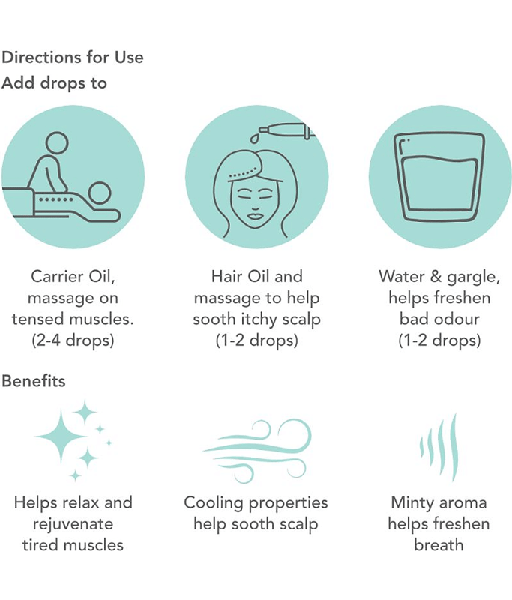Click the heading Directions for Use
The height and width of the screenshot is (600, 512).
pos(73,58)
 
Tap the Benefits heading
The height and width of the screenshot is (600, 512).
pos(34,381)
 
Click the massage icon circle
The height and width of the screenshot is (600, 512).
pos(73,177)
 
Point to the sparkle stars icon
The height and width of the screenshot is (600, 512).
pos(73,441)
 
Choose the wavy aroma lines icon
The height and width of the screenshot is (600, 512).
pos(439,447)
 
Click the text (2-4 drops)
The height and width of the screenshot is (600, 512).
pos(73,340)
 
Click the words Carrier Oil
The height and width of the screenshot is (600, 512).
pos(73,276)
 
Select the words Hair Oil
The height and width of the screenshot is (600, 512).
pos(239,276)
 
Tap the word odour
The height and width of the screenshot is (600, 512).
pos(459,319)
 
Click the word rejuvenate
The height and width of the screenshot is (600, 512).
pos(73,524)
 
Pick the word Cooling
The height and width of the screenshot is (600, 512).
pos(214,503)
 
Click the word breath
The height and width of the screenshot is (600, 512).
pos(439,545)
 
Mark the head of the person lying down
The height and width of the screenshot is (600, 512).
pos(100,193)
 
